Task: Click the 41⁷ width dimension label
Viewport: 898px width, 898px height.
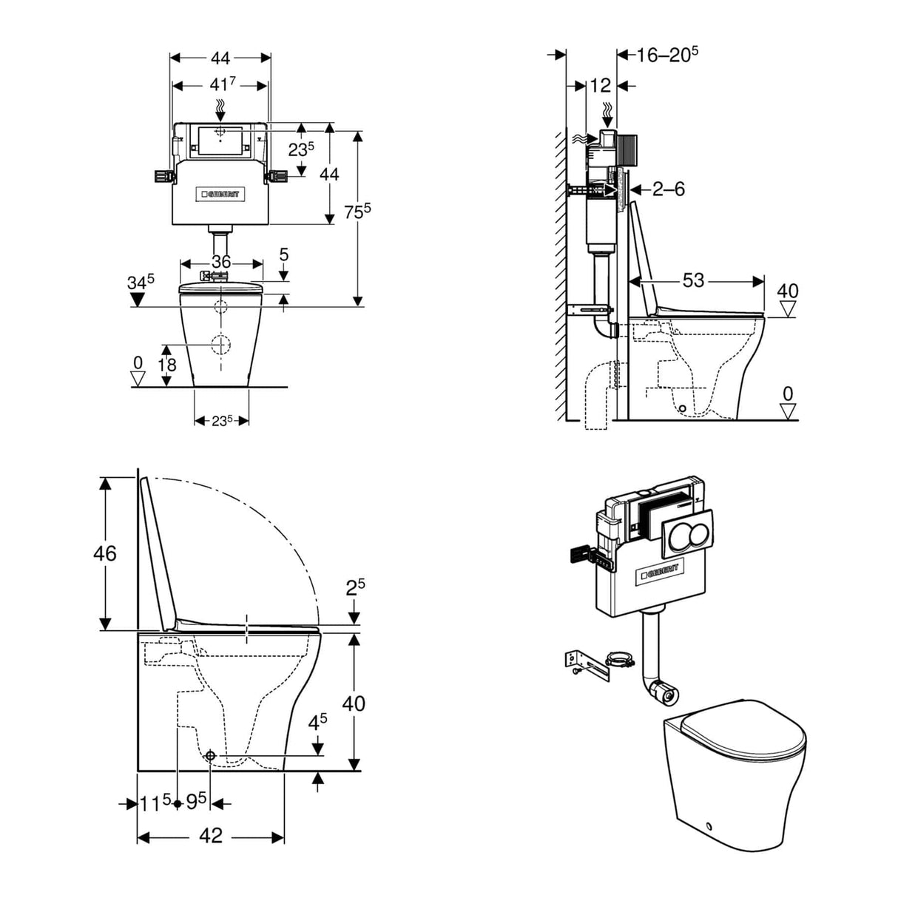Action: (220, 85)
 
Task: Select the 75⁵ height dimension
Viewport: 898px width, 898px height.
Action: (357, 212)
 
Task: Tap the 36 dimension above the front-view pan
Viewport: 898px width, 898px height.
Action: (221, 262)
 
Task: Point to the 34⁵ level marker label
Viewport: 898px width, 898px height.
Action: (140, 282)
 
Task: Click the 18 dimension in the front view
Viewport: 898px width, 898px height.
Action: (167, 365)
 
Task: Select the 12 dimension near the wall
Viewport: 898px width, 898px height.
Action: (600, 85)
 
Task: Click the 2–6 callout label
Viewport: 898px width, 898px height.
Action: (668, 189)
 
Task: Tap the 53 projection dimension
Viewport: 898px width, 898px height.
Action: (693, 281)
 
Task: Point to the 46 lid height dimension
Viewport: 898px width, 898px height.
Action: (105, 553)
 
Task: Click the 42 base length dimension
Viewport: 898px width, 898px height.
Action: (211, 835)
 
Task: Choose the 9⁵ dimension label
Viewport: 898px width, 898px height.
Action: (195, 803)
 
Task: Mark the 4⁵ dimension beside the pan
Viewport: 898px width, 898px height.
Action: (318, 722)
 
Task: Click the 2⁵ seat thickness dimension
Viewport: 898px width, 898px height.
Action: (356, 587)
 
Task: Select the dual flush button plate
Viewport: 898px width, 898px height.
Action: (686, 533)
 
